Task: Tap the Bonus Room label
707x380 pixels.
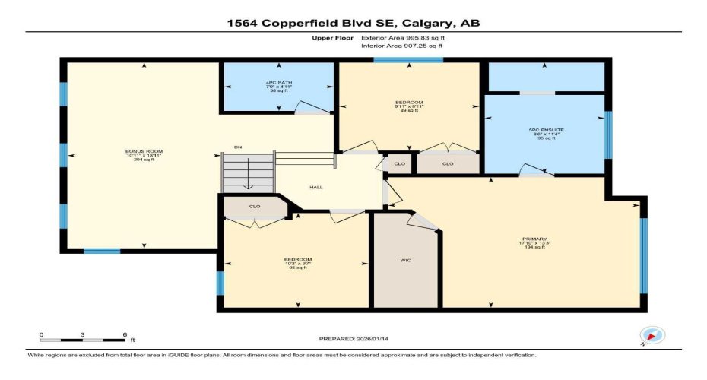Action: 144,151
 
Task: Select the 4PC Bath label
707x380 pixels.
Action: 279,82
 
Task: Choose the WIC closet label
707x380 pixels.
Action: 406,259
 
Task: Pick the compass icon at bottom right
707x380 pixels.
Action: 652,335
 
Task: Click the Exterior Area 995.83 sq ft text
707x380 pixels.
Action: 403,36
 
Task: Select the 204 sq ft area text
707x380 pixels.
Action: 144,160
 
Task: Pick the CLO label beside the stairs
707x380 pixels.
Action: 255,206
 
